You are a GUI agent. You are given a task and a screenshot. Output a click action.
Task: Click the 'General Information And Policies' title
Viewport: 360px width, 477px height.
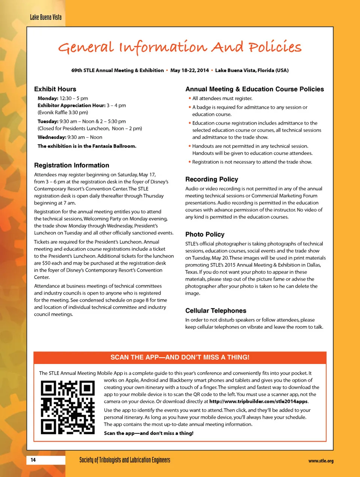180,47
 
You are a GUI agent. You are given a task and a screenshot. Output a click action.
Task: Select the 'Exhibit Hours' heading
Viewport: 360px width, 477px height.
55,89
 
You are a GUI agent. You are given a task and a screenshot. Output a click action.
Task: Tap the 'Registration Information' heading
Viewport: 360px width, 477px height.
72,165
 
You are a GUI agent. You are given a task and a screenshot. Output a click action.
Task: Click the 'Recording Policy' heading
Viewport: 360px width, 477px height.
211,179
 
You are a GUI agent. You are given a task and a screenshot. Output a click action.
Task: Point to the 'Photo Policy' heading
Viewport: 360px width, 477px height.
205,234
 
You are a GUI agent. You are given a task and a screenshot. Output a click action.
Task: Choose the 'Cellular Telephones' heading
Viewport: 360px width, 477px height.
216,311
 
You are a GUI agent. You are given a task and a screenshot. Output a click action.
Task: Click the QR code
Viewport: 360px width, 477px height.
67,407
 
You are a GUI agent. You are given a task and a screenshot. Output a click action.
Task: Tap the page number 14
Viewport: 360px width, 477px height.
33,460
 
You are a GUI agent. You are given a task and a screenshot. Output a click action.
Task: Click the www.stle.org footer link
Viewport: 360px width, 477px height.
321,461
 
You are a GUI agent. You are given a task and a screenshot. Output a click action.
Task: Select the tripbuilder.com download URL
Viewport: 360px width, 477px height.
258,401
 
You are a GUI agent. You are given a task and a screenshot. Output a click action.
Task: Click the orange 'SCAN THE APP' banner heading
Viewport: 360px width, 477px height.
180,357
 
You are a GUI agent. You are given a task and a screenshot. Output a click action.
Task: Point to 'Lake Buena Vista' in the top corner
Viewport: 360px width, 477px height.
45,17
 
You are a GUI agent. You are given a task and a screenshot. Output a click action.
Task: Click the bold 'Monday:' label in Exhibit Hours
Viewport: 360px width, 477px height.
48,98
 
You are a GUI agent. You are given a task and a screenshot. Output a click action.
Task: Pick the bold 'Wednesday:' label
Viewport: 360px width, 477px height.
52,137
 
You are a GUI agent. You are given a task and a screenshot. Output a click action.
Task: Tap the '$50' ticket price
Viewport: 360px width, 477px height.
46,263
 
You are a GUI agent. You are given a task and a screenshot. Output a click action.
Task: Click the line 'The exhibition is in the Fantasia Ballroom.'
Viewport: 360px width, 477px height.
87,146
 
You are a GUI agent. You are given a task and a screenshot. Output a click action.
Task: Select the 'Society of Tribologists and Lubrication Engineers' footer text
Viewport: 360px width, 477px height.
124,460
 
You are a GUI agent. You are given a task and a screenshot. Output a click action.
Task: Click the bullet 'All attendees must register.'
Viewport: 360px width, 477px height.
222,98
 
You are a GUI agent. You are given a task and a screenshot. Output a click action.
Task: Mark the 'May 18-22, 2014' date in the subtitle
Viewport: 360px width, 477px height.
189,70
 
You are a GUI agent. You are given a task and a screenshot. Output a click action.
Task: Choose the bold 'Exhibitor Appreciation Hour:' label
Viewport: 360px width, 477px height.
71,105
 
